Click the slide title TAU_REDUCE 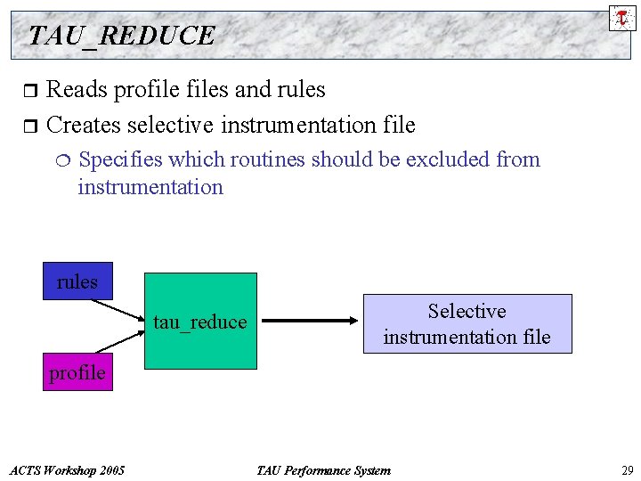pyautogui.click(x=122, y=36)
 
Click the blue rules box pyautogui.click(x=77, y=281)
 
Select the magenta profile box pyautogui.click(x=77, y=372)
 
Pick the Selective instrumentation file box pyautogui.click(x=467, y=323)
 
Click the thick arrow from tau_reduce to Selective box pyautogui.click(x=311, y=322)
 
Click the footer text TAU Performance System pyautogui.click(x=322, y=470)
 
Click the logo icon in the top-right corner pyautogui.click(x=622, y=17)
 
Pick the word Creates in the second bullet pyautogui.click(x=83, y=125)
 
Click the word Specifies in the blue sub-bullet pyautogui.click(x=120, y=160)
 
